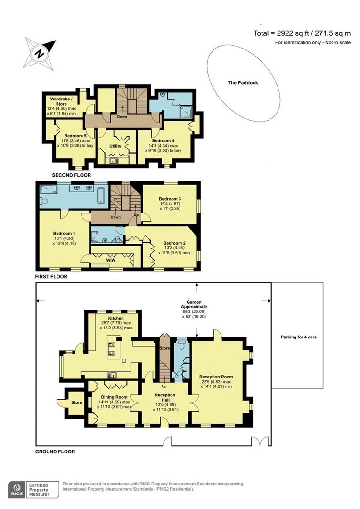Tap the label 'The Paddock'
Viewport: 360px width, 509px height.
tap(243, 83)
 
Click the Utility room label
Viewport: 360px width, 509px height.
tap(115, 146)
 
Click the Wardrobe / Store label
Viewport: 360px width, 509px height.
tap(61, 101)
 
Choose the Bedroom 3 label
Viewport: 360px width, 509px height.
tap(170, 199)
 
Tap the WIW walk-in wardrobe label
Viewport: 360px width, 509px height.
tap(111, 260)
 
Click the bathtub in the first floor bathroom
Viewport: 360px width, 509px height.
tap(102, 195)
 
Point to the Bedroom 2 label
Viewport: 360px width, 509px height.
tap(174, 243)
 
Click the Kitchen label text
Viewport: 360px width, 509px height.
tap(116, 318)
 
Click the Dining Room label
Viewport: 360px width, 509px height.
tap(114, 397)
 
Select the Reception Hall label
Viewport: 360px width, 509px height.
tap(165, 397)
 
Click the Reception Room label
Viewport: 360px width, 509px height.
tap(216, 377)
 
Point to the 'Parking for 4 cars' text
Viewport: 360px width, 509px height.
tap(298, 337)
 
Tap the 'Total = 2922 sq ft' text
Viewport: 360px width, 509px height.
tap(281, 33)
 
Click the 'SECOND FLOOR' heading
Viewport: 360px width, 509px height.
tap(72, 175)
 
